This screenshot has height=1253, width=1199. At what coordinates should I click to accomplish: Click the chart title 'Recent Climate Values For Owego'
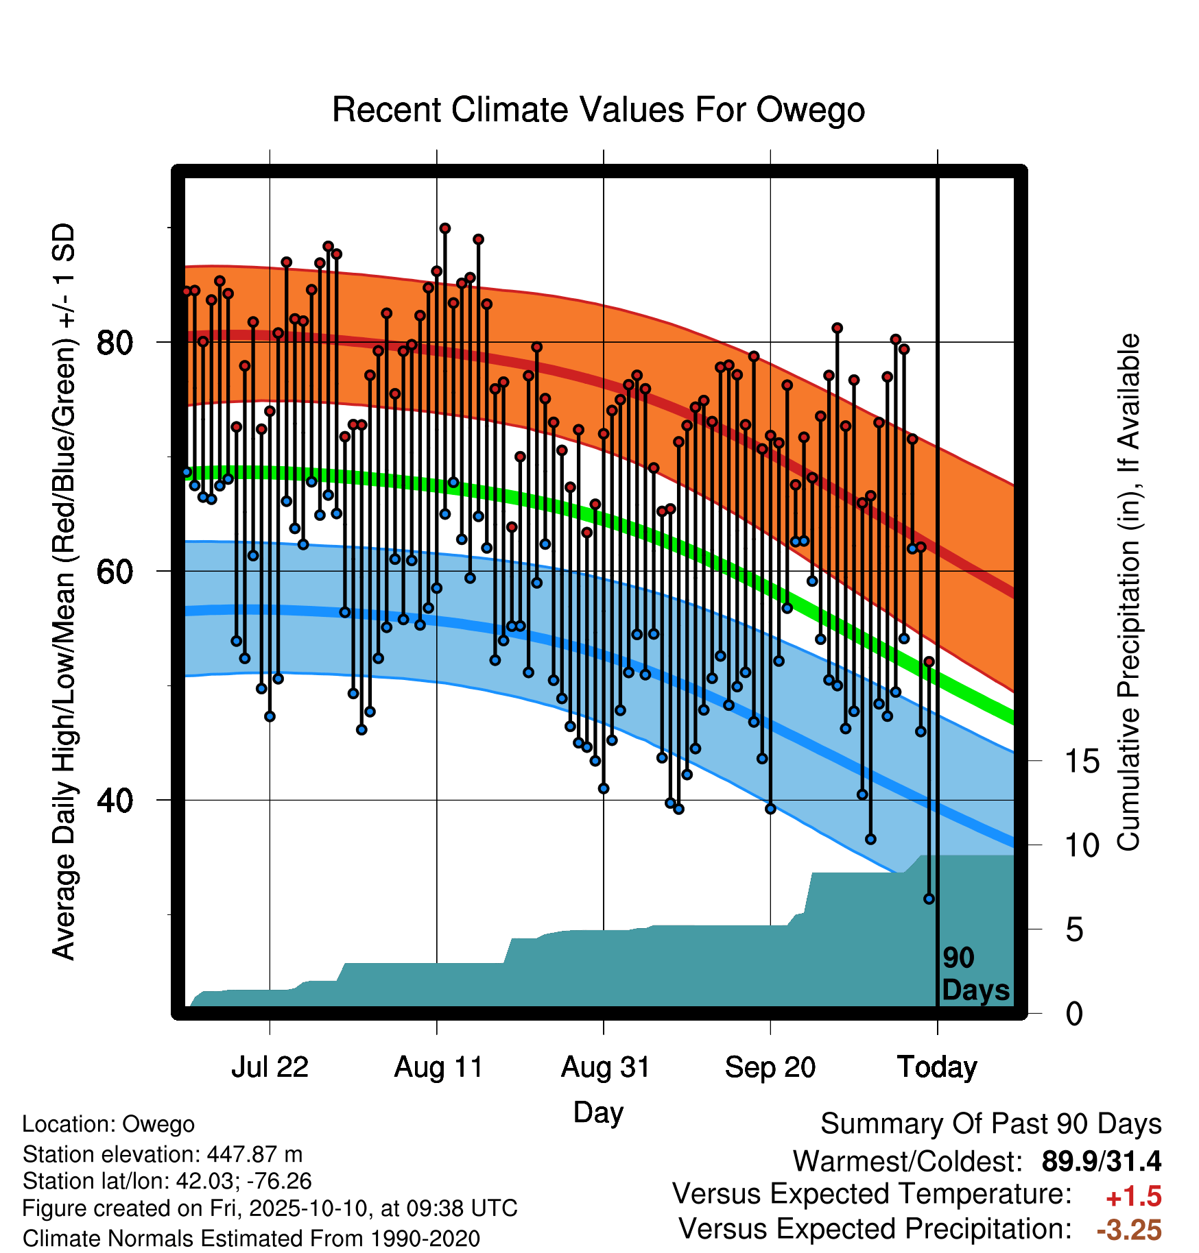(x=598, y=110)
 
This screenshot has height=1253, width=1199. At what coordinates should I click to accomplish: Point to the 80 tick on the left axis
(x=115, y=342)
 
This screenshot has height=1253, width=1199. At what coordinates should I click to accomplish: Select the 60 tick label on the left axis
(x=115, y=571)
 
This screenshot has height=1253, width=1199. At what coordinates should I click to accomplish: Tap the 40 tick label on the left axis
(x=115, y=800)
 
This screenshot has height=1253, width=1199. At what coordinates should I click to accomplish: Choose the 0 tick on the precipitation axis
(x=1075, y=1013)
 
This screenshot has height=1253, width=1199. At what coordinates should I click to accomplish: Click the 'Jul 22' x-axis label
(x=270, y=1067)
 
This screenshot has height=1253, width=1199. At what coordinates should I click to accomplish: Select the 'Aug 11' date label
(x=438, y=1067)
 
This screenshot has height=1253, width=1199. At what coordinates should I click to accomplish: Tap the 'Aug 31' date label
(x=605, y=1067)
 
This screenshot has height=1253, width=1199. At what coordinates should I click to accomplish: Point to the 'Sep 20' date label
(x=770, y=1067)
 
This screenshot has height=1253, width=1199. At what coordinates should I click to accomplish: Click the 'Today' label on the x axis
(x=938, y=1067)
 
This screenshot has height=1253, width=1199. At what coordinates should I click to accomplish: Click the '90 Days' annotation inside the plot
(x=975, y=974)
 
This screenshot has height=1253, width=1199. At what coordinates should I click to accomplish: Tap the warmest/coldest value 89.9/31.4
(x=1102, y=1161)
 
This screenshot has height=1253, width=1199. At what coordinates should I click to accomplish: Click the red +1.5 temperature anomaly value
(x=1133, y=1197)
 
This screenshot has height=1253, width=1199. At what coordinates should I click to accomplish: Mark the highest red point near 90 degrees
(x=445, y=228)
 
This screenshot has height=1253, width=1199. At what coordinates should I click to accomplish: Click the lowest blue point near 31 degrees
(x=929, y=899)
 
